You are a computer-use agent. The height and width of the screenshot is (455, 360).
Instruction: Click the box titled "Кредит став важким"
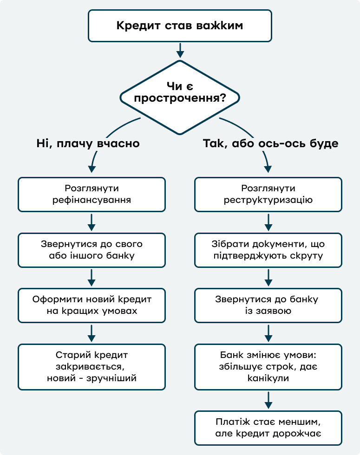click(180, 26)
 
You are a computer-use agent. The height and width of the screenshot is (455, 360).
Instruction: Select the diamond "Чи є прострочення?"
click(180, 97)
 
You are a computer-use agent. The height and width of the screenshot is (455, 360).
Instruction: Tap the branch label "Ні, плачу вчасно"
click(88, 143)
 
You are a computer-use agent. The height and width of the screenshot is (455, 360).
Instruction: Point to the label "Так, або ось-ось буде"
click(270, 143)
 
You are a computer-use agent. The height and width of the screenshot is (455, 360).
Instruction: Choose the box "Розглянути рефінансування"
click(92, 195)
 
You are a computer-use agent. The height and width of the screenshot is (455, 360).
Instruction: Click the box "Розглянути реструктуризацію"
click(268, 195)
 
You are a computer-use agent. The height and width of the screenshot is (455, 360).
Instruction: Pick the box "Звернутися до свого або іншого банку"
click(92, 250)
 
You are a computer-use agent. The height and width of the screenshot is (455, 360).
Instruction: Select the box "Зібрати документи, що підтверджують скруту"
click(268, 250)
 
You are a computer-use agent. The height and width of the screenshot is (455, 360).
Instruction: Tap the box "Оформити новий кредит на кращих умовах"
click(92, 305)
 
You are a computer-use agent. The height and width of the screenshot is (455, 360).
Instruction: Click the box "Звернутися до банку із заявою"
click(268, 305)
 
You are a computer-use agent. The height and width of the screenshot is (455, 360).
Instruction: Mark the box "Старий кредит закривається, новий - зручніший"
click(92, 367)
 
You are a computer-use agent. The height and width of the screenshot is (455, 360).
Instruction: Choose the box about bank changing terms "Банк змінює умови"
click(268, 367)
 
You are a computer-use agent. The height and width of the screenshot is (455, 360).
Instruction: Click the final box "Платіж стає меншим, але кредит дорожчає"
click(268, 428)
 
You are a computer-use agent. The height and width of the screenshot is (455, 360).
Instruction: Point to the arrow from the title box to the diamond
click(180, 51)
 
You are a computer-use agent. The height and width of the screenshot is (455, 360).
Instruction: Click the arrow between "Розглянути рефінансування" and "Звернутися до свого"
click(92, 222)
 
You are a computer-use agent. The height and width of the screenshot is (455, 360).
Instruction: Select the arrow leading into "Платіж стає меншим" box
click(268, 400)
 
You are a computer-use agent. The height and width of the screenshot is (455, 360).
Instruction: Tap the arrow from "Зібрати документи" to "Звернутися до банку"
click(268, 278)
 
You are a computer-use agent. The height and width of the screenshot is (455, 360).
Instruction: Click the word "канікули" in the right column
click(268, 378)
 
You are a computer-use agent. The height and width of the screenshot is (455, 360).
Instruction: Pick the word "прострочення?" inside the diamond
click(180, 98)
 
